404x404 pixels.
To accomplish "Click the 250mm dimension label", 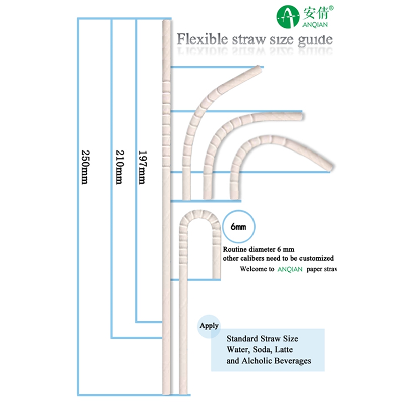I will coord(85,167).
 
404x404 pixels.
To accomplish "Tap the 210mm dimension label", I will coord(119,167).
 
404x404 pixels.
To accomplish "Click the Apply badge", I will coord(209,326).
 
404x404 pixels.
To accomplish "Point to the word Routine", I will coord(235,249).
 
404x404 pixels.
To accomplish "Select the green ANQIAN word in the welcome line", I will coord(290,269).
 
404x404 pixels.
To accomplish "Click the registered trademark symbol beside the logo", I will coord(331,8).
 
